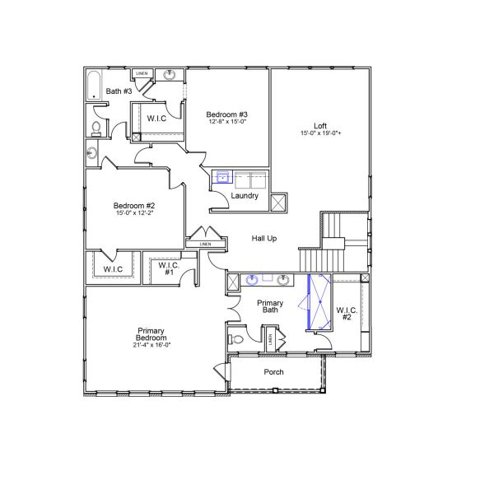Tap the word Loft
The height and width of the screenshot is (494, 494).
pos(320,126)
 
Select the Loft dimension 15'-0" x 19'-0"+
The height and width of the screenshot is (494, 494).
pos(320,133)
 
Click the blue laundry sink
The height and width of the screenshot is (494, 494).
pos(222,176)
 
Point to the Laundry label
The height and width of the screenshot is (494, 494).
pos(245,196)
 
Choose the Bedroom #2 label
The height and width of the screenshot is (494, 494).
pos(135,205)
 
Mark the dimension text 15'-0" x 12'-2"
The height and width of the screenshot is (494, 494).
pos(135,212)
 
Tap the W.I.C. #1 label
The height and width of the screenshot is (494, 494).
pos(168,268)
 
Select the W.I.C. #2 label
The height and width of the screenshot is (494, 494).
pos(346,313)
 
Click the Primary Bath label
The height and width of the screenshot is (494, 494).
pos(269,306)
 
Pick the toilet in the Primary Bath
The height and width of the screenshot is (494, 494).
pos(236,338)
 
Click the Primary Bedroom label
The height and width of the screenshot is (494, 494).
pos(152,334)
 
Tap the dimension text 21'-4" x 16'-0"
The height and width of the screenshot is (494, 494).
pos(152,346)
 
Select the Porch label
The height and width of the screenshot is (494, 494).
pos(273,372)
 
